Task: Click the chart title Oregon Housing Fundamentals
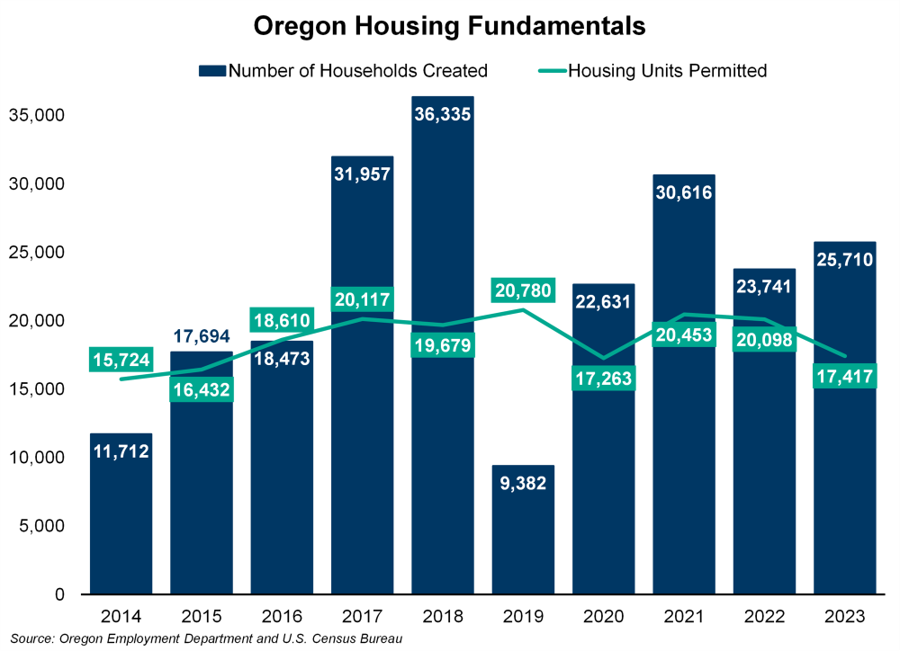(449, 26)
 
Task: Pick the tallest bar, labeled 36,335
(442, 360)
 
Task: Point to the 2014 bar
(121, 531)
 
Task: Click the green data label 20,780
(522, 291)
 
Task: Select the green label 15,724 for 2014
(121, 360)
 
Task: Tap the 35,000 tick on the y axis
(38, 115)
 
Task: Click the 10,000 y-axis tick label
(38, 458)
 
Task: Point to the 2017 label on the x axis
(362, 617)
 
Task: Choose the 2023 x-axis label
(844, 617)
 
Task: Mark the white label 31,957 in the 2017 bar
(362, 174)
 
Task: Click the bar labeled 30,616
(683, 450)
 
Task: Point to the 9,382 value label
(522, 483)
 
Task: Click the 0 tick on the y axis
(58, 594)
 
